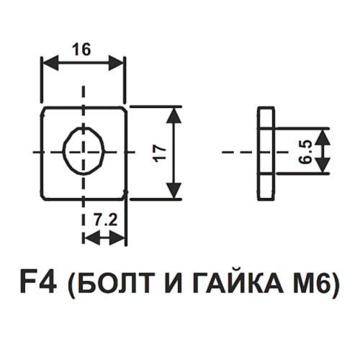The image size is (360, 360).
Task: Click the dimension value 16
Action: [x=81, y=50]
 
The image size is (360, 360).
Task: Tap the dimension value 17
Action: [x=161, y=153]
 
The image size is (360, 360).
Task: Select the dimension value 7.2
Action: [x=105, y=220]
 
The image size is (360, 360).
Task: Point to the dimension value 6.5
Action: [x=306, y=152]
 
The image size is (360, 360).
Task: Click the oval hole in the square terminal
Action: [x=63, y=152]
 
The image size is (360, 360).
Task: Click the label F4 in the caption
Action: [x=38, y=283]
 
